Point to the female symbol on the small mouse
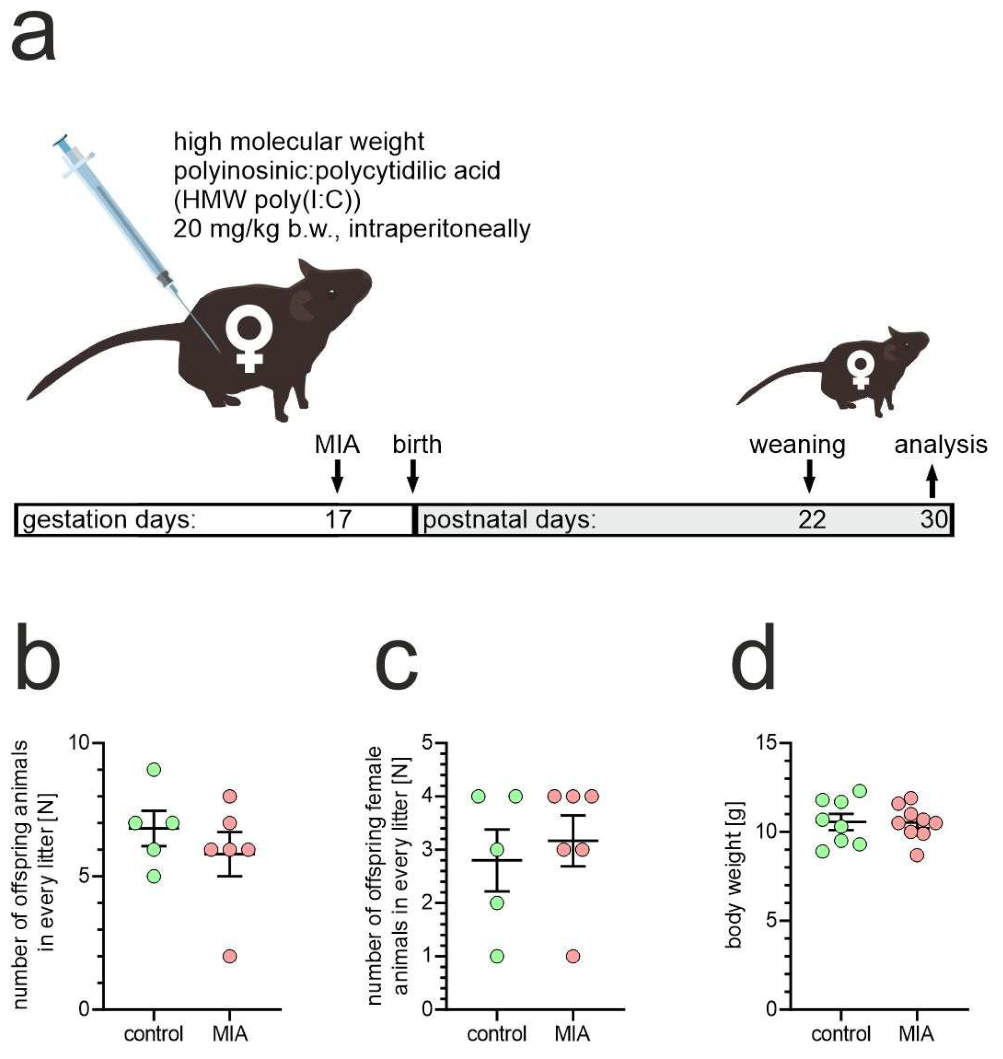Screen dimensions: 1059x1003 [x=860, y=370]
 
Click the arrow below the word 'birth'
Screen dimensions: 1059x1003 [x=413, y=476]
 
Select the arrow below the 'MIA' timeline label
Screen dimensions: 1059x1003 [x=337, y=476]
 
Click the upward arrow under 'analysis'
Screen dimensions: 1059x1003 [x=932, y=481]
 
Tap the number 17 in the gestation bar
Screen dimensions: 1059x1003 [x=338, y=519]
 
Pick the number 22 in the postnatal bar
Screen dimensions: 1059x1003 [x=811, y=519]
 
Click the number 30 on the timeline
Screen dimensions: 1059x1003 [x=934, y=519]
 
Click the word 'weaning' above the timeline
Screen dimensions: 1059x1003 [x=797, y=445]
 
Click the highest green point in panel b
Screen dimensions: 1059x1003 [x=154, y=770]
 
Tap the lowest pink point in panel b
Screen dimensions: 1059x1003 [x=230, y=956]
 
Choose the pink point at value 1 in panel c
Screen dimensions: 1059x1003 [x=573, y=956]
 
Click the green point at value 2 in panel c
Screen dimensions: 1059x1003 [x=497, y=903]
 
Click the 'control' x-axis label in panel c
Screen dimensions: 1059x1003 [x=497, y=1034]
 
